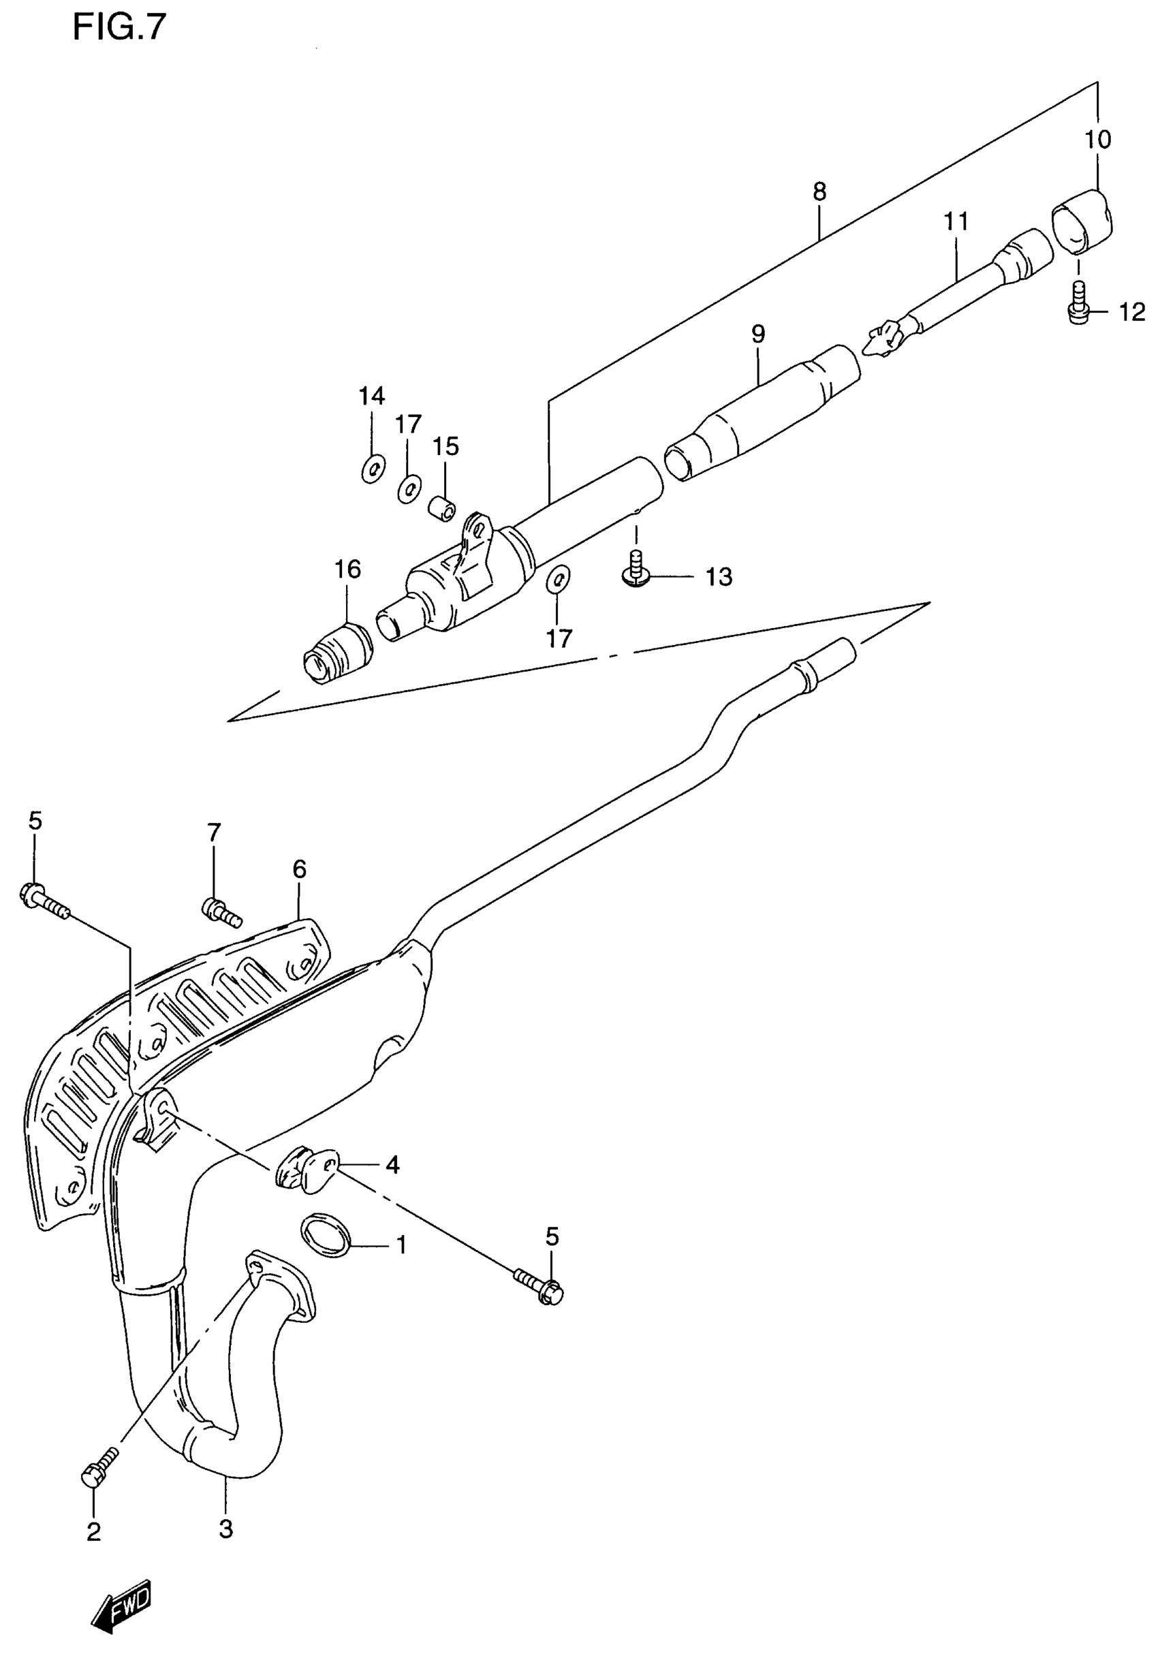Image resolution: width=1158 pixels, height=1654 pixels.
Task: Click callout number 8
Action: pos(819,191)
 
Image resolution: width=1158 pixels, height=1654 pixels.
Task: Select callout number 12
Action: pos(1131,312)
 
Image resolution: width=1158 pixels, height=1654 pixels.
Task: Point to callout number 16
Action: pos(347,569)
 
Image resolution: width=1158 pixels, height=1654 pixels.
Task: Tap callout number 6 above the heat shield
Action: pos(300,869)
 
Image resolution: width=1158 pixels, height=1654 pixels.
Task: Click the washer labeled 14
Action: pos(373,469)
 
